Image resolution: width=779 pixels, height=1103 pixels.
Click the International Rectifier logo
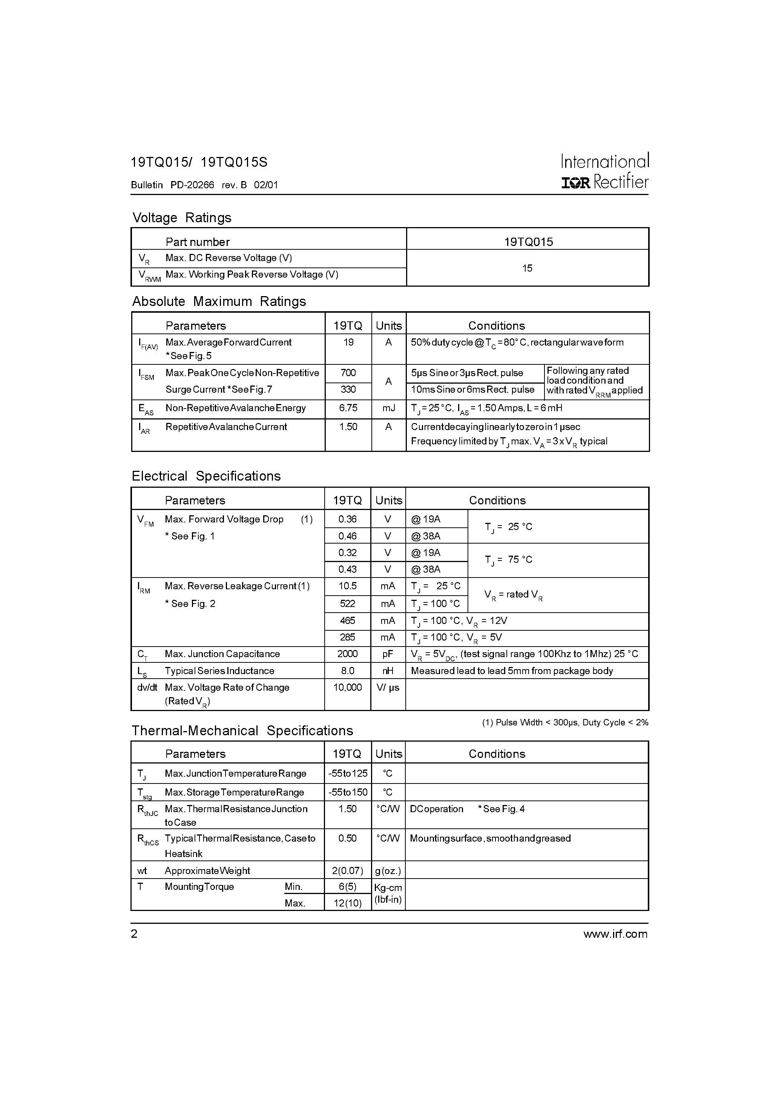(x=605, y=172)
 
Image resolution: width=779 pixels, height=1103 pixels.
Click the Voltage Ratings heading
(x=181, y=218)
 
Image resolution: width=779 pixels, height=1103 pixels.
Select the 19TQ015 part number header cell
(x=528, y=242)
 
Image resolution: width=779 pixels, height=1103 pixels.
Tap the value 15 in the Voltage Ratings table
(x=528, y=268)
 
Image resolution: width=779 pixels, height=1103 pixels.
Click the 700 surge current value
(x=348, y=373)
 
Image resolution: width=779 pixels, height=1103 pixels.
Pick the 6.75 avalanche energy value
(x=348, y=408)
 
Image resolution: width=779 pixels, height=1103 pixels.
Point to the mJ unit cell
(x=388, y=408)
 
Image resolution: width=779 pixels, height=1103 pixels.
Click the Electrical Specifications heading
(x=206, y=476)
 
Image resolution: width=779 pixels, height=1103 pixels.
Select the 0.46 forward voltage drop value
(x=347, y=536)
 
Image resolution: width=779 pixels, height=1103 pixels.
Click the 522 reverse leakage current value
(x=347, y=604)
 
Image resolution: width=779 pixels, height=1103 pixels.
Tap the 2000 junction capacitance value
(x=347, y=654)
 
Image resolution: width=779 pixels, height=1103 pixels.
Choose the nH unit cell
(x=388, y=671)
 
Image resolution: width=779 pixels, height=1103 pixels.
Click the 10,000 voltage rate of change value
(x=347, y=687)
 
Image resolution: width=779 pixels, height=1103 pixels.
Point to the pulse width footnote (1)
(x=565, y=722)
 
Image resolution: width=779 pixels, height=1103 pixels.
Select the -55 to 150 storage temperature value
(x=348, y=792)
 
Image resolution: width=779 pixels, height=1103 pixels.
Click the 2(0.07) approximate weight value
(x=347, y=871)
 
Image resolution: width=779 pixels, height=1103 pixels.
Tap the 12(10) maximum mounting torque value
(x=347, y=903)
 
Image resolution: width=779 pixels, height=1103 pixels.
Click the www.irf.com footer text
(x=615, y=934)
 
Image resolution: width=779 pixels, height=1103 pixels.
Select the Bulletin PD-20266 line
(x=204, y=185)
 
